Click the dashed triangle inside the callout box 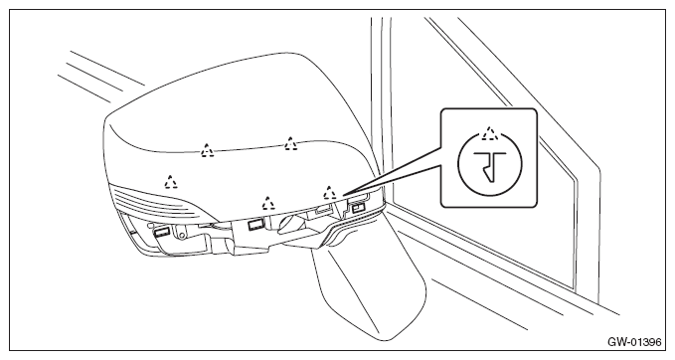point(489,133)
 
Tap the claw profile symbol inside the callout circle point(490,164)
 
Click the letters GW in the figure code point(614,342)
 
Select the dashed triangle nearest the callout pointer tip point(330,193)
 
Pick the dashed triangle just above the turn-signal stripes point(171,182)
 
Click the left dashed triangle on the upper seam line point(208,151)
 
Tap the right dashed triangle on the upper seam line point(291,144)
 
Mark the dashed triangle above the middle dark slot point(269,203)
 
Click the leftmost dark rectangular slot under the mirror point(161,232)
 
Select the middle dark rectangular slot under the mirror point(255,224)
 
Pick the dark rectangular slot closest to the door point(358,209)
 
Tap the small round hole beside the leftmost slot point(182,235)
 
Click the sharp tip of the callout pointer point(343,196)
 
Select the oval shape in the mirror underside point(292,224)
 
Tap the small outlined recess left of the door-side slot point(324,210)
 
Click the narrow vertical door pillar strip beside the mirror point(381,107)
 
